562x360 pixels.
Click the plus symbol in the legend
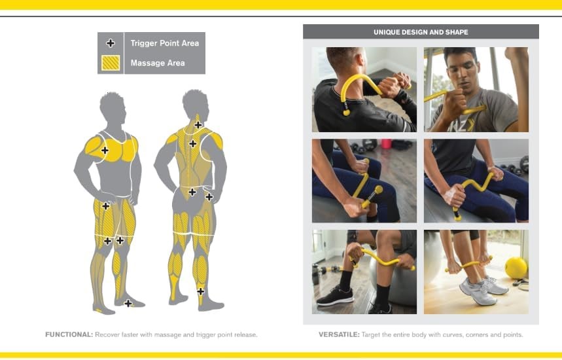tap(111, 43)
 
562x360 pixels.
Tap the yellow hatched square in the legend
tap(111, 63)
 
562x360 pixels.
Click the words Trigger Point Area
tap(164, 43)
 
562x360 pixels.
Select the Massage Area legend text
tap(158, 63)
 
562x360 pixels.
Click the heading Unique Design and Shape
tap(421, 32)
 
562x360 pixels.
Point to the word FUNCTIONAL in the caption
tap(69, 334)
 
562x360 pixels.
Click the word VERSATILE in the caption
tap(339, 334)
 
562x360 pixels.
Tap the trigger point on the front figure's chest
tap(105, 151)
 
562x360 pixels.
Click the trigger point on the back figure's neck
tap(198, 125)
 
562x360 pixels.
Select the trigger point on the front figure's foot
tap(128, 303)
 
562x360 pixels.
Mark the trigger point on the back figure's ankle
tap(201, 291)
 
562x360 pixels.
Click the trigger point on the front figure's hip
tap(106, 206)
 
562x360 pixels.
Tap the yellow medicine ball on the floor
tap(516, 268)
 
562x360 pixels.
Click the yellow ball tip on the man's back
tap(346, 113)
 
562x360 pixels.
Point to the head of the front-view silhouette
tap(113, 107)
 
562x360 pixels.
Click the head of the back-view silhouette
tap(196, 104)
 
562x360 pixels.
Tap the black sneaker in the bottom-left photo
tap(336, 296)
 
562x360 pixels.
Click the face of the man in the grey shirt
tap(463, 73)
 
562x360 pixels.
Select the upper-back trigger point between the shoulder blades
tap(193, 144)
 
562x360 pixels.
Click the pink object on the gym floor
tap(386, 143)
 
